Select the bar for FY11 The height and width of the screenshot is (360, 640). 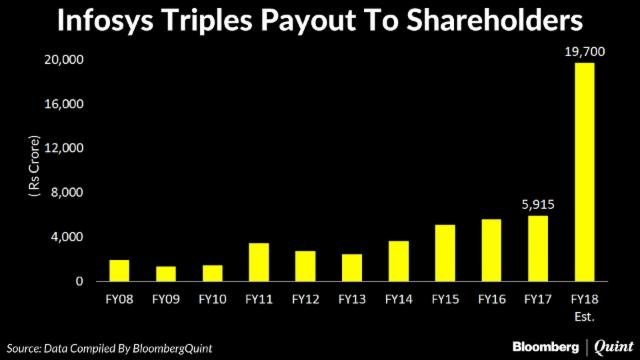(x=259, y=262)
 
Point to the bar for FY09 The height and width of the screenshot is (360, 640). (x=166, y=273)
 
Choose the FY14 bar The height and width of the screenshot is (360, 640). (x=397, y=261)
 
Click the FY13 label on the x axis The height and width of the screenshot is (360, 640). (x=351, y=298)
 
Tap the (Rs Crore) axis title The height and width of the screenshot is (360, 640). (x=37, y=170)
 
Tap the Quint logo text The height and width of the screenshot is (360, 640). (x=609, y=345)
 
